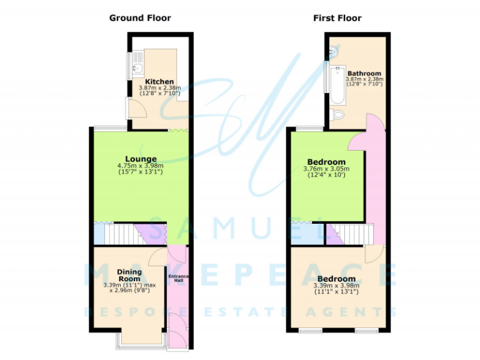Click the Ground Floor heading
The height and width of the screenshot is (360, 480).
(140, 18)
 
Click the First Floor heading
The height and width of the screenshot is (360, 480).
(337, 18)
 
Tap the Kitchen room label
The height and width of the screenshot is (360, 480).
(159, 82)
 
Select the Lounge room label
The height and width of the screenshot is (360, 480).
(140, 159)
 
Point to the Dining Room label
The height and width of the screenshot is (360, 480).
(129, 276)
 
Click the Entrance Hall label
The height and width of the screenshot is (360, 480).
(177, 279)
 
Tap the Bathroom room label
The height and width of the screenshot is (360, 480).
(364, 73)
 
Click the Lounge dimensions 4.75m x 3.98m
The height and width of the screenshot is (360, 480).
(140, 169)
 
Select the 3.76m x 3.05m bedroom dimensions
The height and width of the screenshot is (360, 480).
(326, 172)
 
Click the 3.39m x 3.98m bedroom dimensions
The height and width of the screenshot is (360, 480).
(336, 289)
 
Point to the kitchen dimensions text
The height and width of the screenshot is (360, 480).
(159, 91)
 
